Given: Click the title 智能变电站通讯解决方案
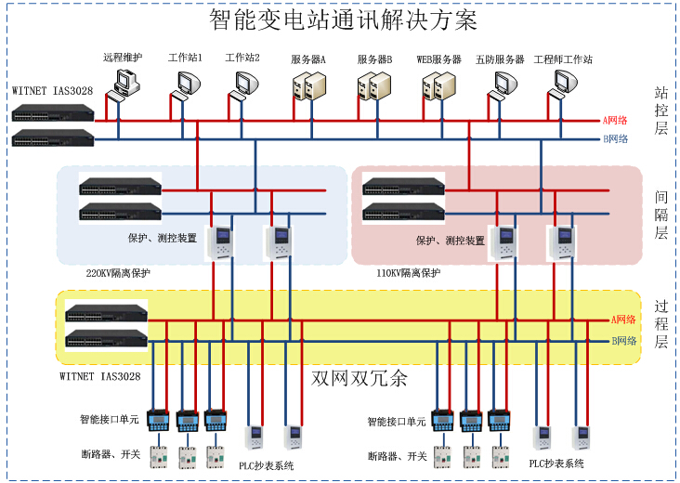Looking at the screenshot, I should tap(343, 20).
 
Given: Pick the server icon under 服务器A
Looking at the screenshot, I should tap(308, 85).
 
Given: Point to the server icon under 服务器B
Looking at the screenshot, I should tap(373, 85).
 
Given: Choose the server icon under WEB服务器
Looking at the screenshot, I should tap(438, 85).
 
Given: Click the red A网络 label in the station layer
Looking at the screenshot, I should tap(616, 121).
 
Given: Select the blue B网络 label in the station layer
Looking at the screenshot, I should tap(616, 139).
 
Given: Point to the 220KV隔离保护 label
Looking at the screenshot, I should tap(118, 273).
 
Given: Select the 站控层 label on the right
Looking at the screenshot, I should tap(661, 111).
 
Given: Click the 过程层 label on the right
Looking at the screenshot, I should tap(661, 323).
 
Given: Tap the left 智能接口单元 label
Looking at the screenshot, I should tap(109, 421).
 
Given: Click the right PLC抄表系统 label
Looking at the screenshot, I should tap(556, 463).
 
